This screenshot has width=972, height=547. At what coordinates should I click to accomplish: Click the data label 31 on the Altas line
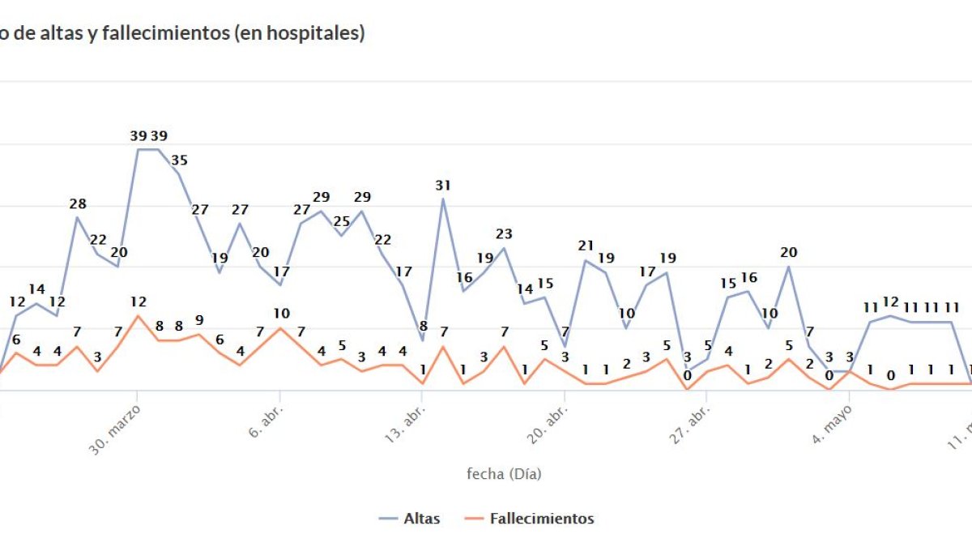tap(442, 186)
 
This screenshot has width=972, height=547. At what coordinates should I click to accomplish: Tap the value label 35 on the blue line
tap(179, 160)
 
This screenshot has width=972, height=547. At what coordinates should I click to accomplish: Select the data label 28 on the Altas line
tap(78, 204)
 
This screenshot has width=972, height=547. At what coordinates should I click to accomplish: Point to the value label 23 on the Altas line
tap(504, 234)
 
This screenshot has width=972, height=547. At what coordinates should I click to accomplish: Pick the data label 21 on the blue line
tap(586, 246)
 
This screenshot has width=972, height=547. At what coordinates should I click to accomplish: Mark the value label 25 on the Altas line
tap(342, 221)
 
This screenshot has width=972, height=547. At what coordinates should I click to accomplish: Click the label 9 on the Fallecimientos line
tap(199, 320)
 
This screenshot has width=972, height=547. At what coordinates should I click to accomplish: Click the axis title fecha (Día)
tap(503, 474)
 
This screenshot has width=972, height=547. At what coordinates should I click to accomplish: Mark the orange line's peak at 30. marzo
tap(138, 316)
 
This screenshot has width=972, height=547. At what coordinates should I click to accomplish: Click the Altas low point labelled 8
tap(422, 340)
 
